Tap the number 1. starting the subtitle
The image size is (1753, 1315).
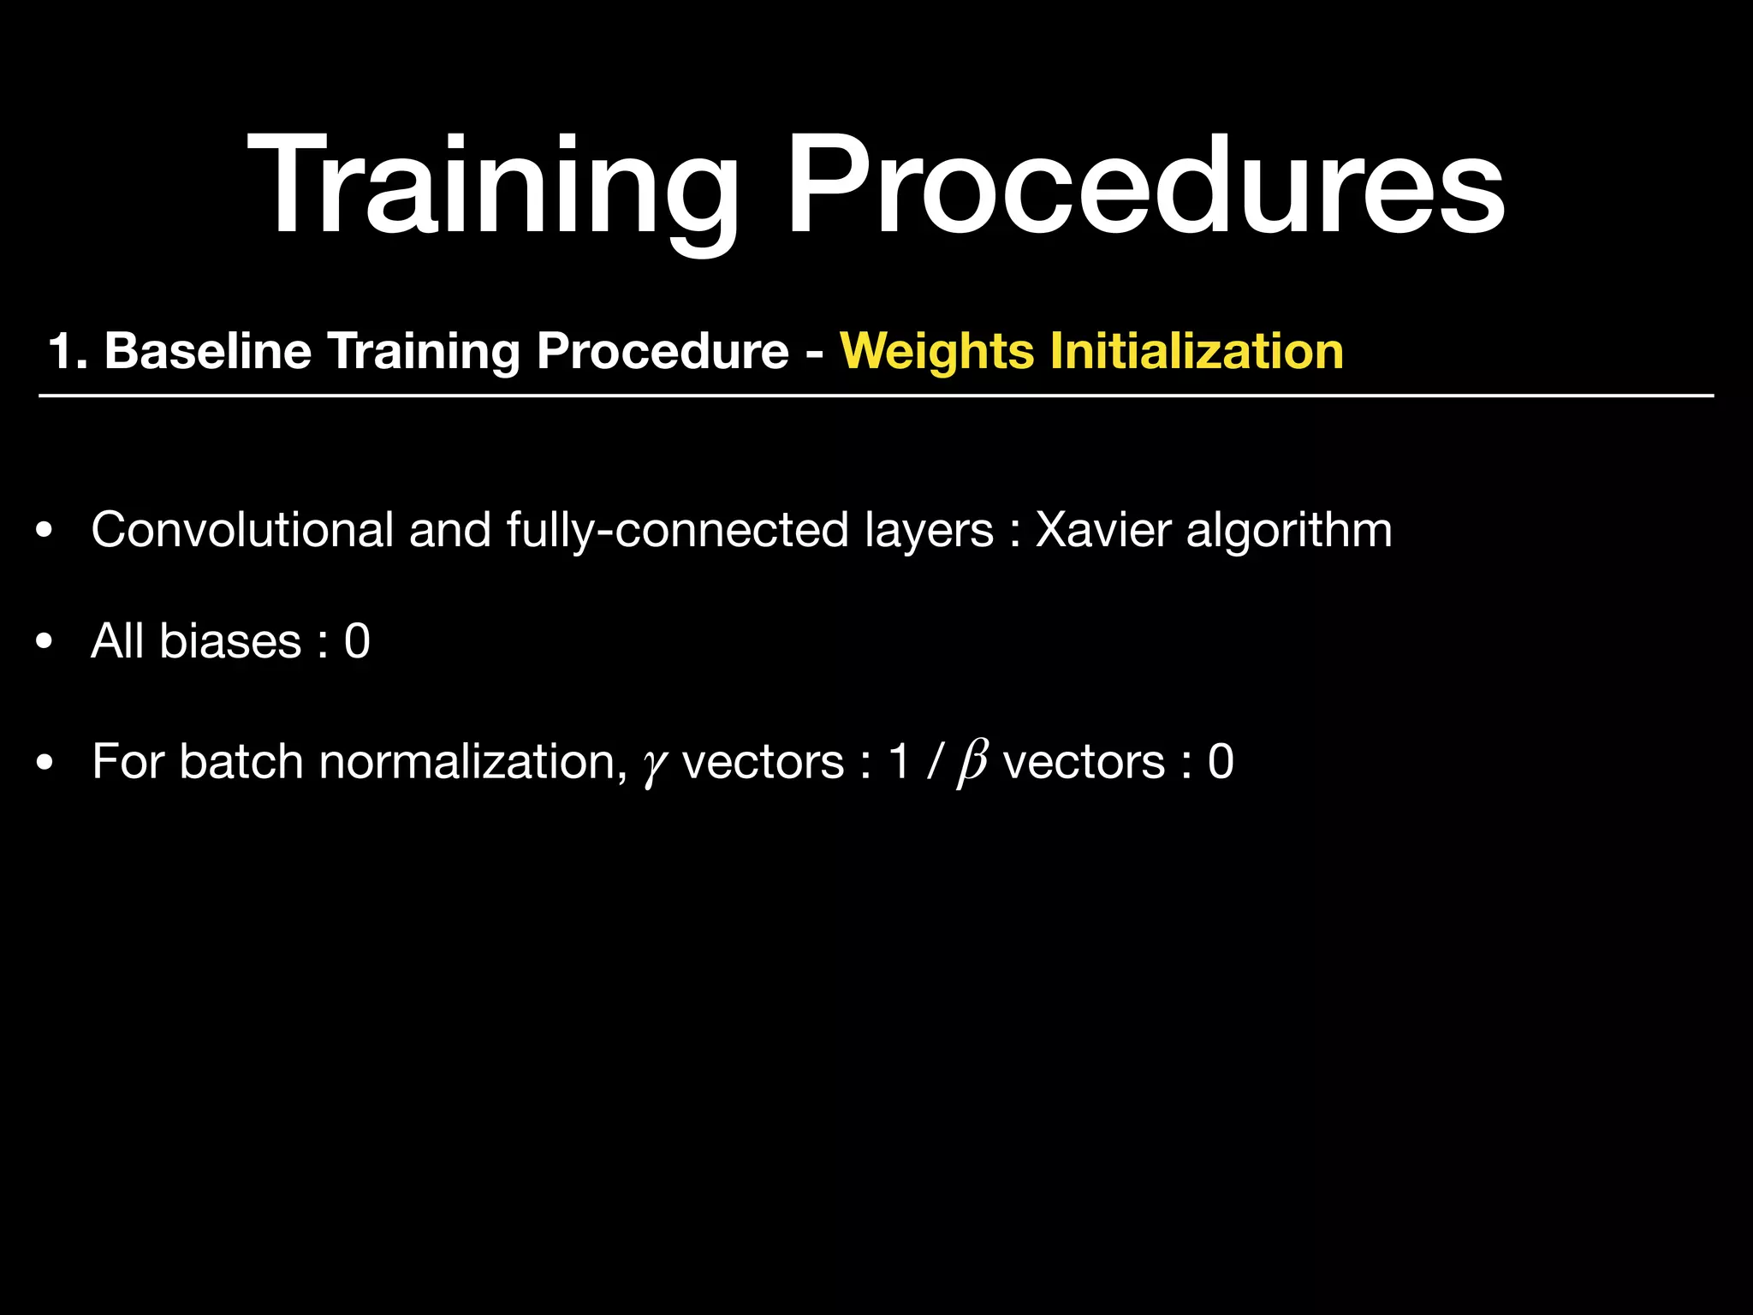(x=68, y=351)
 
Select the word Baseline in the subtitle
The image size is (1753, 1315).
(x=207, y=351)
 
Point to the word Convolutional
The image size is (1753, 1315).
(x=242, y=529)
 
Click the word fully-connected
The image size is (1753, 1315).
(x=677, y=529)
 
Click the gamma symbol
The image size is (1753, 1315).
(x=654, y=765)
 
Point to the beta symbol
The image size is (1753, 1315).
(x=972, y=762)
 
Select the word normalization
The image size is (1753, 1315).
(x=472, y=761)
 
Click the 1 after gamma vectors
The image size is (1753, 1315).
(x=899, y=761)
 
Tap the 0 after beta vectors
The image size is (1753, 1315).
(x=1221, y=761)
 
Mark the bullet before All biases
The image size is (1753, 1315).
(x=45, y=641)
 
